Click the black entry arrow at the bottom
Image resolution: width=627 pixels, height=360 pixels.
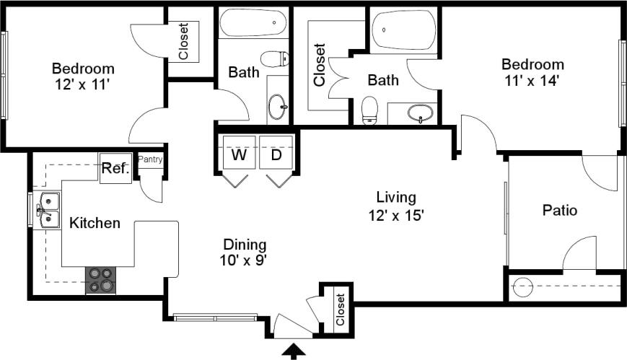coord(294,351)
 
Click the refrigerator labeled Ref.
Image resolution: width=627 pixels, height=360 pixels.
coord(115,169)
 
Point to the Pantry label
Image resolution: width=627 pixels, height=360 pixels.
coord(150,159)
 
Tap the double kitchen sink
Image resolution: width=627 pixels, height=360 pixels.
coord(48,208)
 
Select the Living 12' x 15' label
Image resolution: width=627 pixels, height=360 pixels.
coord(395,205)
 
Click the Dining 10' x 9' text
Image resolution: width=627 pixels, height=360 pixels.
coord(245,252)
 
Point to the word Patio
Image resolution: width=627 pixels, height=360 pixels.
coord(560,211)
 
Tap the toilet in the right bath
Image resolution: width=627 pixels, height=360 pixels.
coord(369,110)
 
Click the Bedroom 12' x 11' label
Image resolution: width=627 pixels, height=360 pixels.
coord(83,76)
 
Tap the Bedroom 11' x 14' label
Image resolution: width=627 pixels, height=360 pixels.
coord(533,72)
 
